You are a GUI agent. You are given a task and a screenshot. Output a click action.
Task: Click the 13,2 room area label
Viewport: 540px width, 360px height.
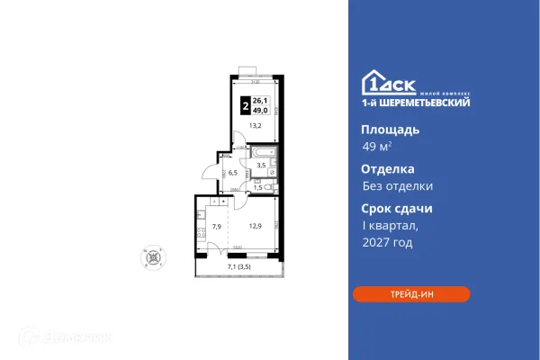click(x=255, y=125)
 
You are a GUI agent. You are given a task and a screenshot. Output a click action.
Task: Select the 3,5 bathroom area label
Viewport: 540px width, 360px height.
click(x=261, y=166)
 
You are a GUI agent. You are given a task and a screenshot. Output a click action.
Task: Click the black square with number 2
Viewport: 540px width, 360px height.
click(x=246, y=105)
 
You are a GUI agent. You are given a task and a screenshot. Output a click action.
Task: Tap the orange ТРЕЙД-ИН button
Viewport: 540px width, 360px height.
click(x=410, y=294)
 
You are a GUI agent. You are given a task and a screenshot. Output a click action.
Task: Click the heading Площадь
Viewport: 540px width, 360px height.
click(x=383, y=129)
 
